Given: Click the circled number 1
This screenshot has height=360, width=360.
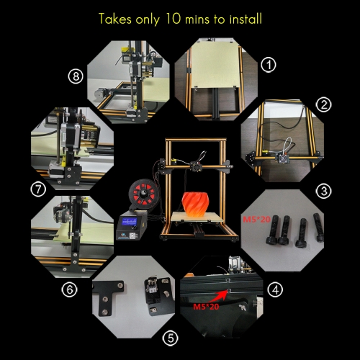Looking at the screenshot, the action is [269, 65].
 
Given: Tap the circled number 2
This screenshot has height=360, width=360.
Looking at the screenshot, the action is [323, 105].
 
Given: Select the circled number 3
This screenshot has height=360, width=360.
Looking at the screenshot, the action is [324, 192].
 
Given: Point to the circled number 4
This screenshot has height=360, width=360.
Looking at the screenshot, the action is [275, 289].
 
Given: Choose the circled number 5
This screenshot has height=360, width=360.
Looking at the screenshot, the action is [171, 338].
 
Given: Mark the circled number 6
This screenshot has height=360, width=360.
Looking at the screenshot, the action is [69, 289].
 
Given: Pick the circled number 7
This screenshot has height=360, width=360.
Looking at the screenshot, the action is [38, 189].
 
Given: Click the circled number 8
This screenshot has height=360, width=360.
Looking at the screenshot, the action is [76, 76].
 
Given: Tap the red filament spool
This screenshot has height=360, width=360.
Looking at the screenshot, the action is [143, 194].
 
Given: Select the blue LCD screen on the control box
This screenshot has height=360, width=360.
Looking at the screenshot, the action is [130, 222].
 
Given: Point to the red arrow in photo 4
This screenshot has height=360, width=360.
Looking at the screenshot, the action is [218, 296].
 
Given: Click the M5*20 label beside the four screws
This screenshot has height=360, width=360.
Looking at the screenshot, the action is [257, 219].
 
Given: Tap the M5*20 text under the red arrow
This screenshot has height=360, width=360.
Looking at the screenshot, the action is [206, 307].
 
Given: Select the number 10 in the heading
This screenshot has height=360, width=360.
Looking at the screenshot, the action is [173, 19].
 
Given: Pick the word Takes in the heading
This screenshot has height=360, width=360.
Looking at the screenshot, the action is [115, 19].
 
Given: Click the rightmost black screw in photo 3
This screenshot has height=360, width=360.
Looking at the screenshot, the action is [319, 228].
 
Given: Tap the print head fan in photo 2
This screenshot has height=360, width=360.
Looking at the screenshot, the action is [283, 158].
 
